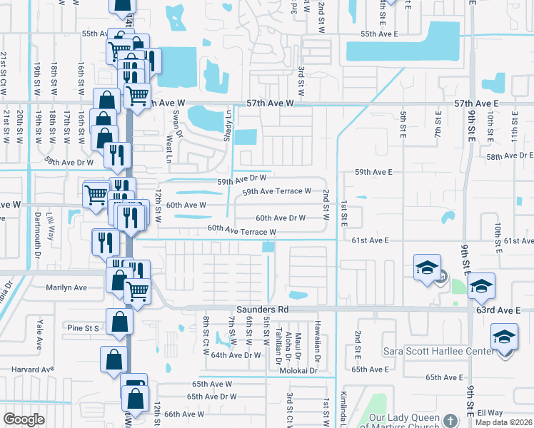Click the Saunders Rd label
point(263,310)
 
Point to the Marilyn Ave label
point(66,288)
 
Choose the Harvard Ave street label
point(33,370)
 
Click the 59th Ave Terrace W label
point(277,191)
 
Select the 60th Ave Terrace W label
point(242,231)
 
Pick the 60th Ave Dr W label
point(281,218)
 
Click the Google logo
point(24,419)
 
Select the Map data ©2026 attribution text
point(504,422)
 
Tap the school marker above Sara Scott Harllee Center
point(504,335)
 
